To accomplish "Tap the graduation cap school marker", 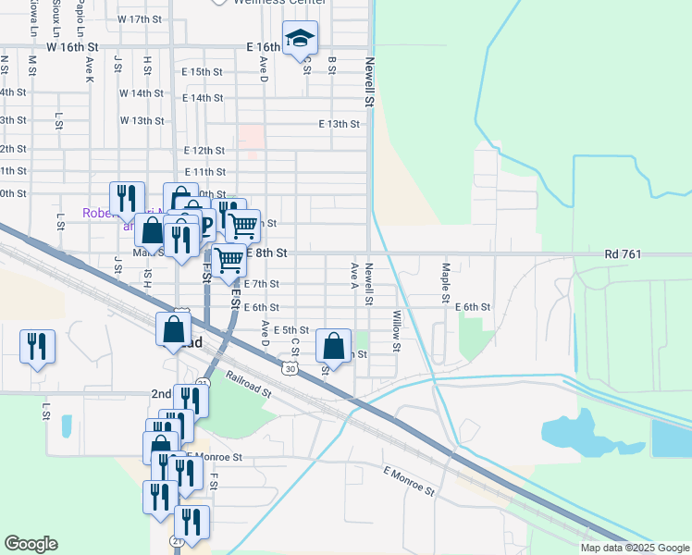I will (300, 40).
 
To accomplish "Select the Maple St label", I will (445, 274).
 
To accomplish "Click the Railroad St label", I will (247, 386).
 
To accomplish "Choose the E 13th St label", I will (338, 124).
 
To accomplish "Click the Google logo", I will (31, 544).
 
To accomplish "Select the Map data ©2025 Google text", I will (636, 548).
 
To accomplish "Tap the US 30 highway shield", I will (292, 368).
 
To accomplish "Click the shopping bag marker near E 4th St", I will (333, 348).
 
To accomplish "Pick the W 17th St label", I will (140, 19).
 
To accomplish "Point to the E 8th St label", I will (268, 253).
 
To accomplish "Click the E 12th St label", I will (204, 150).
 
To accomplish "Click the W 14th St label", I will (141, 93).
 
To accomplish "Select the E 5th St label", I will (288, 329).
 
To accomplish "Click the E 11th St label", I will (205, 172).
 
